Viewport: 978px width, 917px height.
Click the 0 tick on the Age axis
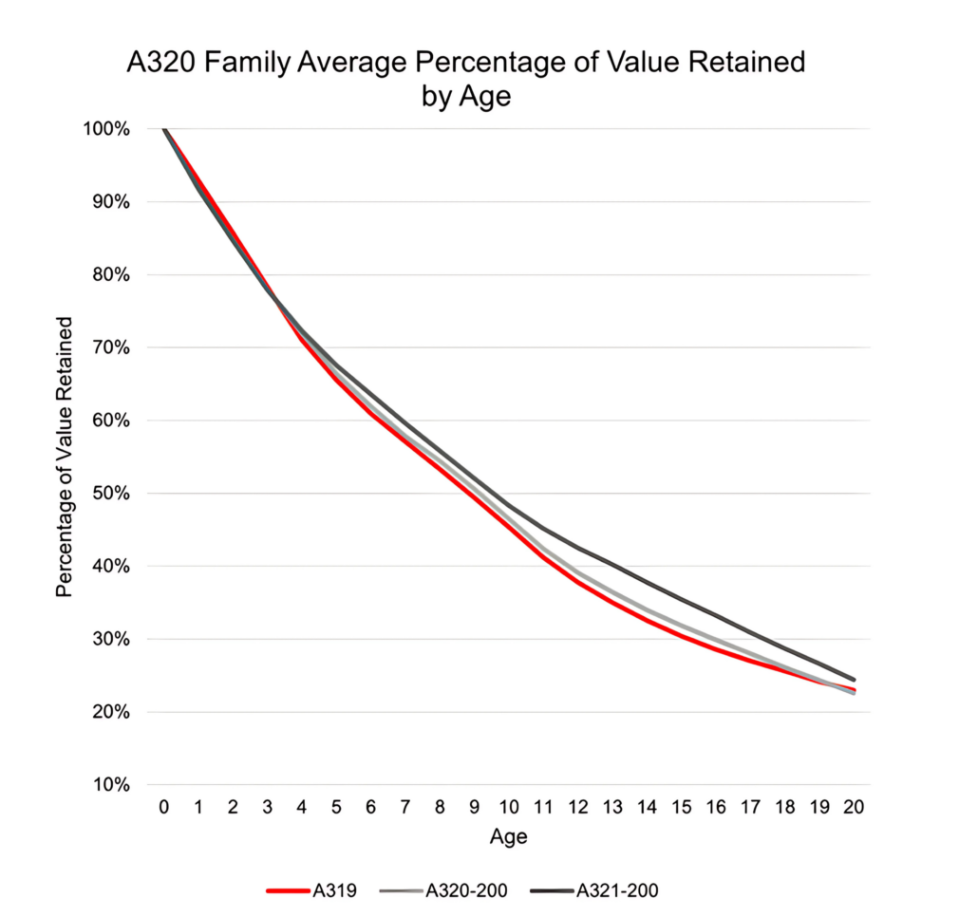point(164,808)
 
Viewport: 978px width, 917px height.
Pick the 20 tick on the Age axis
point(854,808)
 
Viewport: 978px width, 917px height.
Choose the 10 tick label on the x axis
point(509,808)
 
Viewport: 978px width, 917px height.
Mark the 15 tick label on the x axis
point(681,808)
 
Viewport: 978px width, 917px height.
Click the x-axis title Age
point(508,837)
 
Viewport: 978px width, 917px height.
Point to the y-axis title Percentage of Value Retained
point(65,457)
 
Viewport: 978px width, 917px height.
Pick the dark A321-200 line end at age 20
point(854,680)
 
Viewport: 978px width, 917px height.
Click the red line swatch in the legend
point(288,890)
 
